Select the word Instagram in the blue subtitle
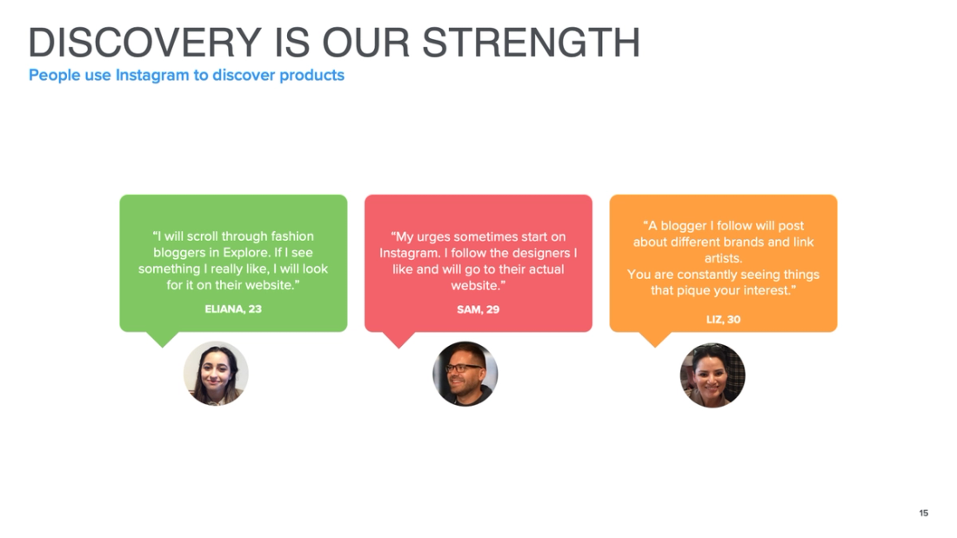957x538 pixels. [x=152, y=76]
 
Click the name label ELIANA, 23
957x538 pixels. [x=233, y=309]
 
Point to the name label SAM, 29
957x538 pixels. [x=478, y=309]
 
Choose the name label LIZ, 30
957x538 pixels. [x=723, y=319]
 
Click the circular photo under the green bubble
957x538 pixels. [x=216, y=374]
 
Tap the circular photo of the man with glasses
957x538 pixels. [x=465, y=374]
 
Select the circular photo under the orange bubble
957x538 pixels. [x=713, y=375]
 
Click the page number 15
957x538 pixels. [x=924, y=513]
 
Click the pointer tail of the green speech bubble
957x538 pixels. [x=162, y=338]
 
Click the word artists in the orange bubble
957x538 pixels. [x=723, y=258]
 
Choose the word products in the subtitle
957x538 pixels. [x=311, y=76]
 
